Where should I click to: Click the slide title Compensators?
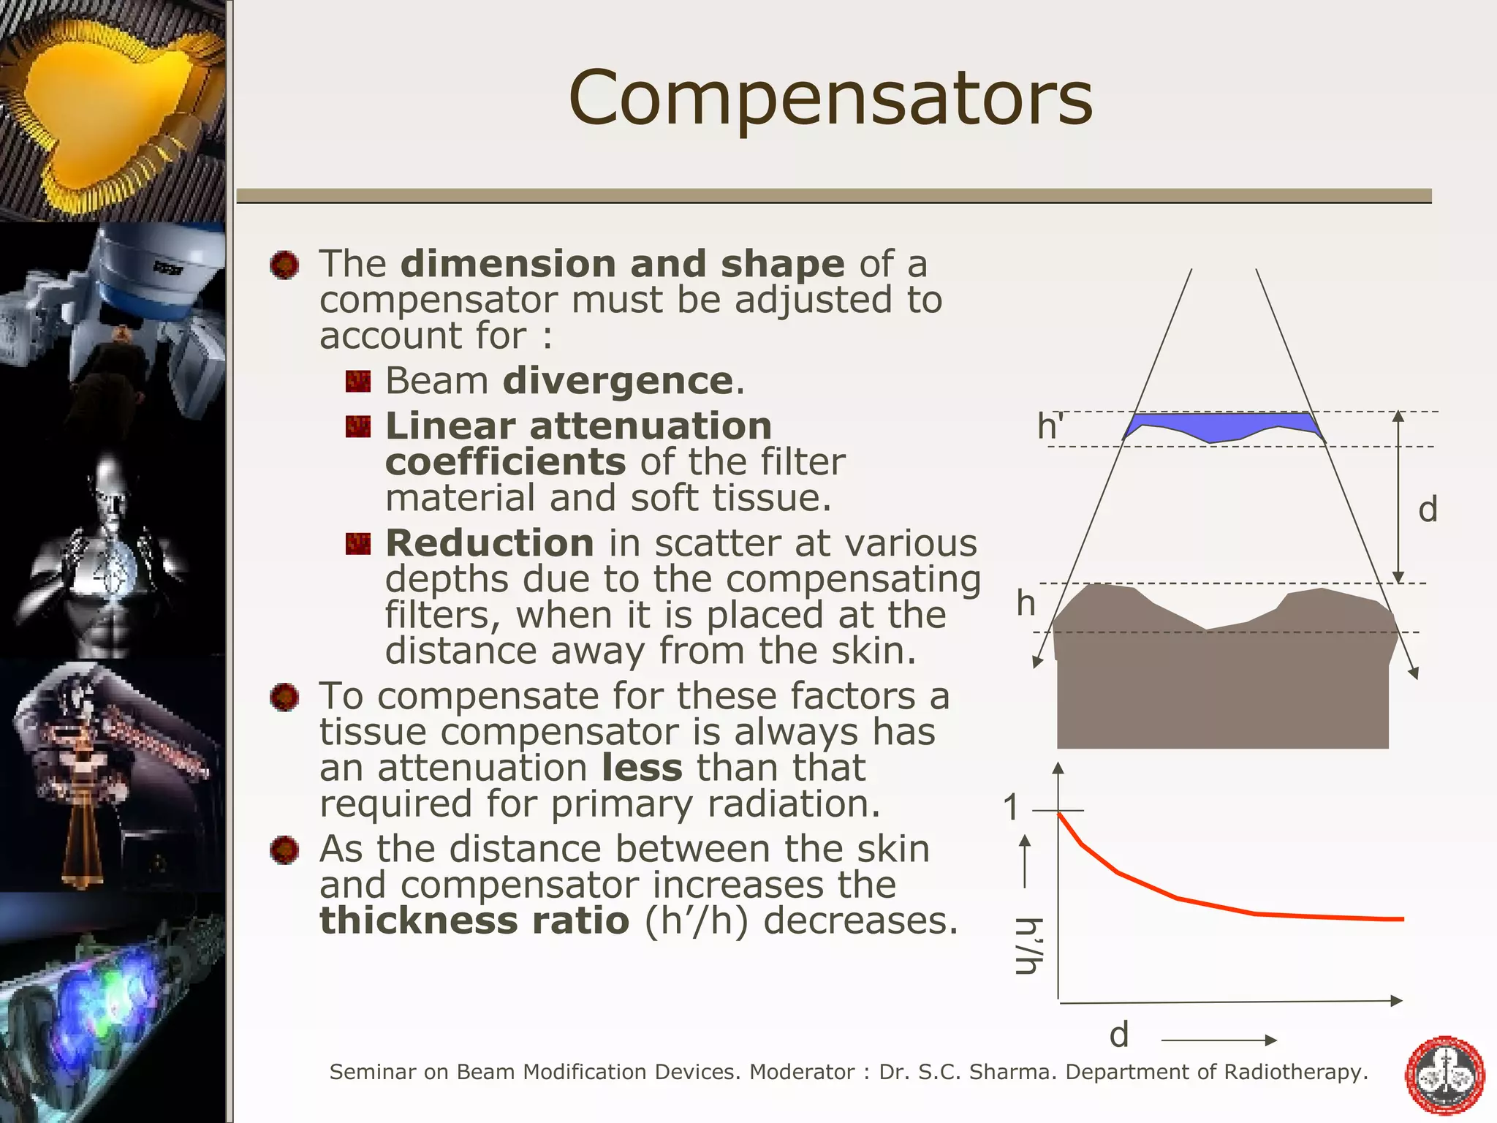coord(830,99)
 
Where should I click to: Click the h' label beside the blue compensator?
coord(1050,426)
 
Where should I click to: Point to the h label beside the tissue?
coord(1026,604)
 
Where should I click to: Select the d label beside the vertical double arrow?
coord(1428,509)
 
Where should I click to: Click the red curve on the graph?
coord(1177,898)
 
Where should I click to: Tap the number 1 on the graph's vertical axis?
coord(1011,808)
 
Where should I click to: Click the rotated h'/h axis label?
coord(1028,946)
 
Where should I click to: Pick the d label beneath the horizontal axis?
coord(1119,1035)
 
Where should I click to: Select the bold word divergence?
coord(618,381)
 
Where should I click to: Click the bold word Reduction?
coord(489,543)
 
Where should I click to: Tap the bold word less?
coord(642,768)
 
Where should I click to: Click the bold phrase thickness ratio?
coord(474,920)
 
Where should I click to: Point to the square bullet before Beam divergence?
coord(358,381)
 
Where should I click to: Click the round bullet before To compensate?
coord(284,697)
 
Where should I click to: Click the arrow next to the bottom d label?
coord(1219,1040)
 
